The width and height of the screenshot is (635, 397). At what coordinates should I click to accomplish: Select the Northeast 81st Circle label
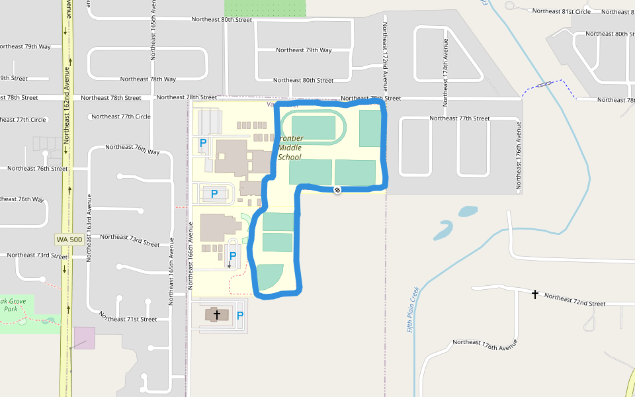561,11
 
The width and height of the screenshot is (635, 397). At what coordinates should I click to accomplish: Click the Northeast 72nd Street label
574,300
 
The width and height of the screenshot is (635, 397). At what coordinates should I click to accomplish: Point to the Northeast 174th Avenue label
445,72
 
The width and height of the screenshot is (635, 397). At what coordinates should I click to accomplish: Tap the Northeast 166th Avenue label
190,258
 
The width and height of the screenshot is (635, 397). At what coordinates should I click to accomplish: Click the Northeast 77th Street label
459,118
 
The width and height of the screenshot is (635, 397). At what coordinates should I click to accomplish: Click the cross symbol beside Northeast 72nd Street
535,294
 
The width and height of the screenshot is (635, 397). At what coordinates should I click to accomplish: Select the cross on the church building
217,315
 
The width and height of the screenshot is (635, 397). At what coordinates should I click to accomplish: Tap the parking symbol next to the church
240,316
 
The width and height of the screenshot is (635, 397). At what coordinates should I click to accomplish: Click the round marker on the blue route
337,191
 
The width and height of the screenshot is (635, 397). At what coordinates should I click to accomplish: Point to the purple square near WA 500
85,337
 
